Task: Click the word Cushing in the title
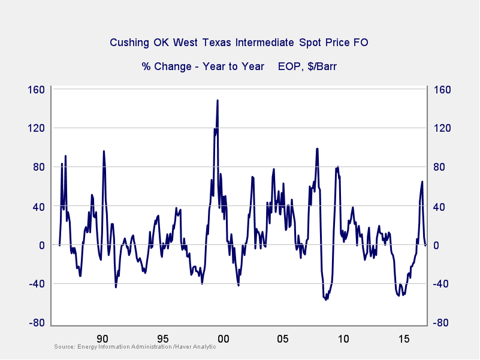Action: click(131, 43)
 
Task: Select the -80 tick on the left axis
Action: click(37, 323)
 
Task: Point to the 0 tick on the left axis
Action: click(41, 245)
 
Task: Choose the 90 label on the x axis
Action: click(102, 337)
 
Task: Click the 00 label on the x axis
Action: click(223, 337)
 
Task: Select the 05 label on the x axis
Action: click(283, 337)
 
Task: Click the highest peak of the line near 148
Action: click(218, 101)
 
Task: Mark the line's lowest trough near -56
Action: click(326, 300)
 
